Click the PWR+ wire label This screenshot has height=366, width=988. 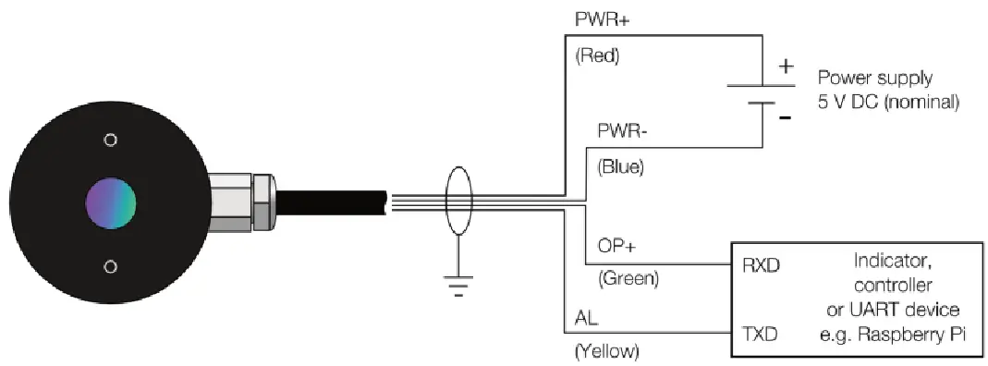click(x=596, y=18)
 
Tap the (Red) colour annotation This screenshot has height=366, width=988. click(x=596, y=56)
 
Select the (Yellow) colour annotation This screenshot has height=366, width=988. click(x=607, y=351)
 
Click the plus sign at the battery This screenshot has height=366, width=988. click(x=787, y=67)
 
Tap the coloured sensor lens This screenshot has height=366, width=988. click(x=111, y=203)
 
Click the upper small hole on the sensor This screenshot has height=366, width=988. click(x=111, y=140)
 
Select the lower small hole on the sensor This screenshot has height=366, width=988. click(x=111, y=266)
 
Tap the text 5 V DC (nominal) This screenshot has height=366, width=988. click(x=896, y=103)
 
